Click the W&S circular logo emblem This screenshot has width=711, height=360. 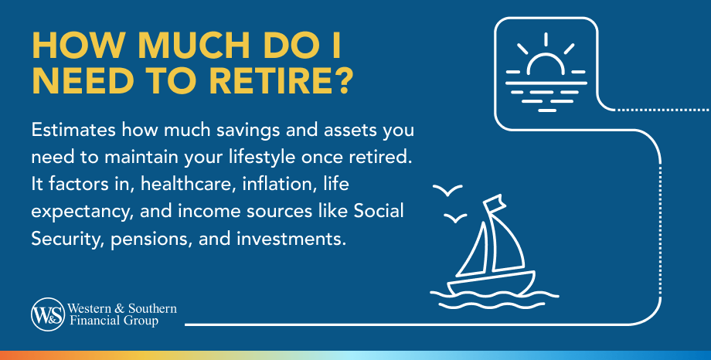(x=48, y=314)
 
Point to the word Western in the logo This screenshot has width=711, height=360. (x=90, y=309)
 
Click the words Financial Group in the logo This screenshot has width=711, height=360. (x=114, y=321)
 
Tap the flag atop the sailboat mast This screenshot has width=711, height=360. (x=495, y=202)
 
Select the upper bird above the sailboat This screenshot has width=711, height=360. (x=447, y=189)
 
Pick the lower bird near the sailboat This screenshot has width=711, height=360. (x=454, y=219)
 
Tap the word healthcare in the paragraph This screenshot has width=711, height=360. (x=188, y=184)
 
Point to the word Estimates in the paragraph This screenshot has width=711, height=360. (x=73, y=131)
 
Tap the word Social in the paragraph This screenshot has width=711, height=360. (x=379, y=211)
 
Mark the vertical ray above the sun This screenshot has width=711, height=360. (x=546, y=39)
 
